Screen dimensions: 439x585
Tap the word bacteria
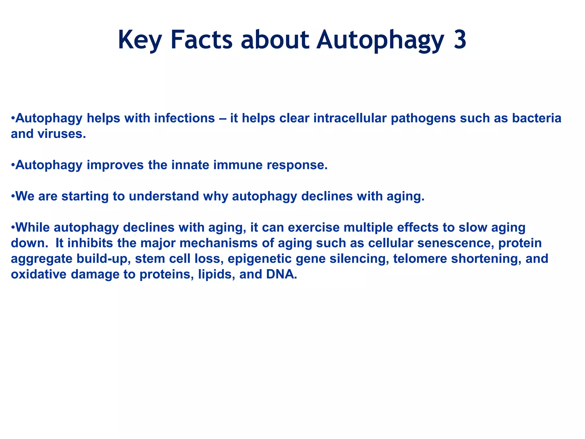click(x=537, y=118)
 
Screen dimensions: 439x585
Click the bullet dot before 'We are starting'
click(x=13, y=196)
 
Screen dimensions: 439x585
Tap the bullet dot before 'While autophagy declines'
click(x=13, y=228)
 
